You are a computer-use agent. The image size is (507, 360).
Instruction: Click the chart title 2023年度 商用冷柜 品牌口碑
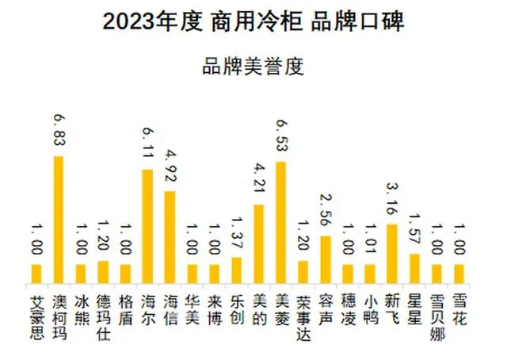tap(253, 21)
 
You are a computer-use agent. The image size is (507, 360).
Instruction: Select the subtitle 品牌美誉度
tap(253, 66)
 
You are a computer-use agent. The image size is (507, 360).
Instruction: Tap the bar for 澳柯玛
tap(58, 220)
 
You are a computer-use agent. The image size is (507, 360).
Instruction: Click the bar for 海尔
tap(147, 226)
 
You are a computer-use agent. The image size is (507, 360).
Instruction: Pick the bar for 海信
tap(169, 237)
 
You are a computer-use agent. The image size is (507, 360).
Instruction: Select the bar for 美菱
tap(280, 222)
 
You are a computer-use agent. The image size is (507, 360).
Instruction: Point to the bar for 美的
tap(257, 243)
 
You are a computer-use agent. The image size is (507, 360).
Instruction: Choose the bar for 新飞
tap(391, 253)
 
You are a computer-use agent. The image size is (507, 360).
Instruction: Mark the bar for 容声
tap(325, 259)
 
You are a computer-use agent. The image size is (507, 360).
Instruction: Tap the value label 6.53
tap(280, 136)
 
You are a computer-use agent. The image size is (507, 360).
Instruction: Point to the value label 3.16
tap(391, 200)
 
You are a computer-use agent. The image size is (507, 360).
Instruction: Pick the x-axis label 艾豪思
tap(36, 316)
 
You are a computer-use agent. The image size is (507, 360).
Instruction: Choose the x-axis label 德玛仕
tap(103, 316)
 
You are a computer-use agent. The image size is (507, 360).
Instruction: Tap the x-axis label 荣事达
tap(303, 316)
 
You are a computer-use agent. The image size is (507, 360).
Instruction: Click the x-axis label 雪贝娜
tap(436, 316)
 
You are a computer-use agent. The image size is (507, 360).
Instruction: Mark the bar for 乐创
tap(235, 270)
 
